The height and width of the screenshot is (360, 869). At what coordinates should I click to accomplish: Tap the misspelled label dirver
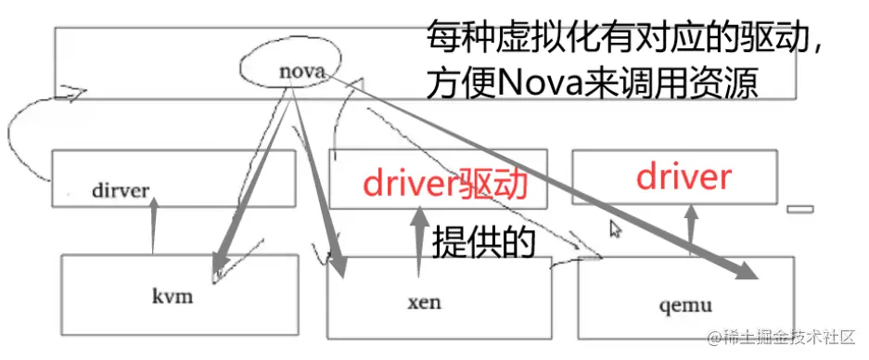click(x=121, y=190)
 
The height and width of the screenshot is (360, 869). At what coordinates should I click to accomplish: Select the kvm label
click(x=172, y=297)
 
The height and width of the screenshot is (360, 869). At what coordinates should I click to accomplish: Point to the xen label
click(x=425, y=302)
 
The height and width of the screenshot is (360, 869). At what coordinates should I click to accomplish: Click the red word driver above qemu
click(x=684, y=176)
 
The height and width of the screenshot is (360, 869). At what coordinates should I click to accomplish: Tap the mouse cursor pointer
click(x=614, y=228)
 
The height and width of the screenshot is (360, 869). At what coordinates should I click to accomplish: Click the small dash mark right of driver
click(x=799, y=209)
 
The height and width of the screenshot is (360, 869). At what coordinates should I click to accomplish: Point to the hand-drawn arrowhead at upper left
click(x=74, y=93)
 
